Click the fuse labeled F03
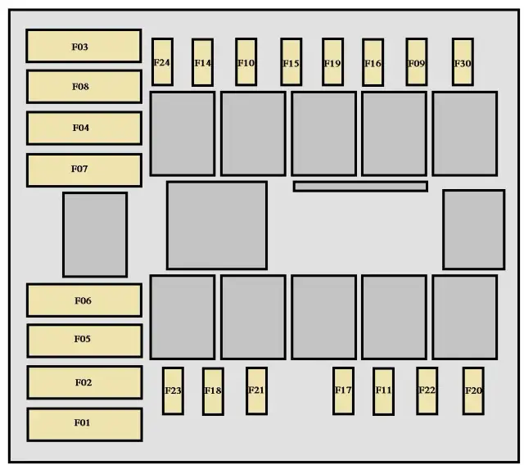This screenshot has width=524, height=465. click(84, 46)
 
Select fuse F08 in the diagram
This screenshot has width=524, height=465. click(84, 86)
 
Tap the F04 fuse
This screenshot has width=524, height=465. click(84, 128)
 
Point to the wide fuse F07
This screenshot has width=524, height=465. click(84, 169)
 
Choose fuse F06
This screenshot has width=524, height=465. click(84, 300)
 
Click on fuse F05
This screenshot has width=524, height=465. click(84, 340)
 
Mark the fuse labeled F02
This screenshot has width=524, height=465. click(84, 382)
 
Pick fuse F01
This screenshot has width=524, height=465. click(84, 423)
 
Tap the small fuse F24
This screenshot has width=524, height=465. click(162, 61)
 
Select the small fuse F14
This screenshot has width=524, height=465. click(202, 62)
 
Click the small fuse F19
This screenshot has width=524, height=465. click(332, 62)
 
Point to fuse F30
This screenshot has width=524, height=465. click(463, 62)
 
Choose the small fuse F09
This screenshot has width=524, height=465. click(417, 62)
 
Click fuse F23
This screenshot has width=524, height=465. click(173, 391)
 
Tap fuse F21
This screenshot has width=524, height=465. click(256, 391)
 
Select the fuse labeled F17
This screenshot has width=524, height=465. click(343, 391)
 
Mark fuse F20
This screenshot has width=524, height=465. click(473, 391)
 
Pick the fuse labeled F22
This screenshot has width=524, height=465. click(427, 391)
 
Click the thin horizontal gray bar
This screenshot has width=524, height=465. click(360, 187)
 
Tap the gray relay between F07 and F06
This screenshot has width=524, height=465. click(95, 234)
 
